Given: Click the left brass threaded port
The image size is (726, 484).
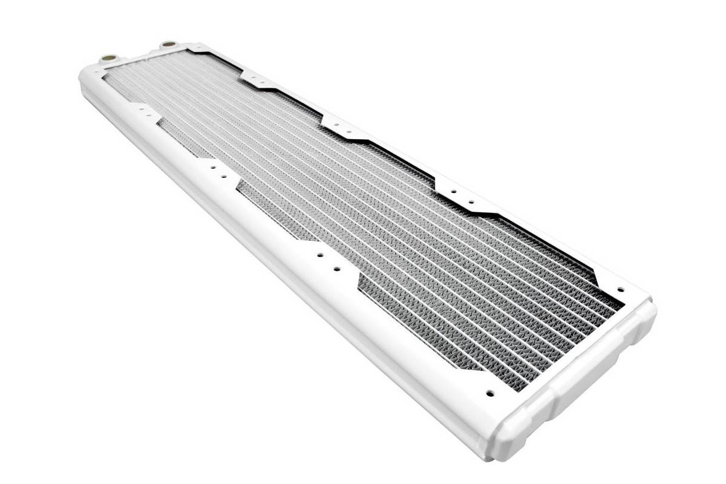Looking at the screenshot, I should coord(110,59).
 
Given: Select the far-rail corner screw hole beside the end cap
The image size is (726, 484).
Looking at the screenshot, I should coord(620,289).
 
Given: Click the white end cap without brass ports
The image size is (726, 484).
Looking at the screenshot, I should coord(581,375).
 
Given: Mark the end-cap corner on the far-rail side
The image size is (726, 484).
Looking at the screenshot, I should coord(650,309).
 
